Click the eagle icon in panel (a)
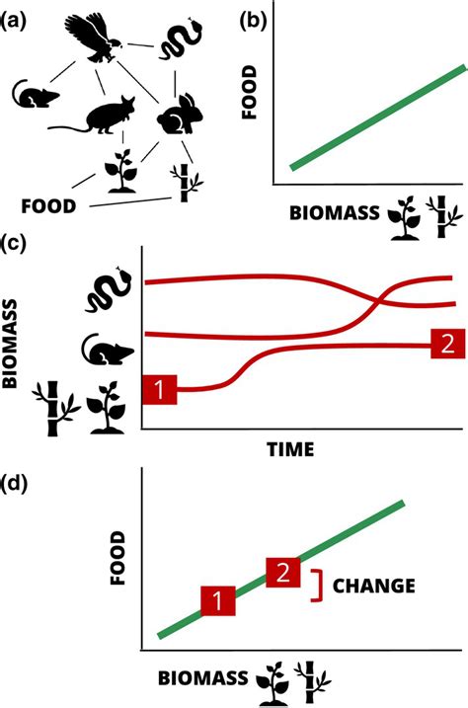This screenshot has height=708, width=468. tap(94, 38)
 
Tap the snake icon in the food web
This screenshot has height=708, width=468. tap(180, 39)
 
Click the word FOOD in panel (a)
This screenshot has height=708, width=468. tap(48, 206)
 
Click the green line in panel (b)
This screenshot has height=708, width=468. tap(378, 118)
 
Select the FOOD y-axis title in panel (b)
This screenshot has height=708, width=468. tap(249, 92)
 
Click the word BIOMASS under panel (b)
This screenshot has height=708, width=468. tap(335, 212)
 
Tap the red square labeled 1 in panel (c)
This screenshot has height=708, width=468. tap(159, 389)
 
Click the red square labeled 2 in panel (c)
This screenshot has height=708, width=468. tap(447, 344)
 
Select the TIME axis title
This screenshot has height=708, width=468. tap(290, 449)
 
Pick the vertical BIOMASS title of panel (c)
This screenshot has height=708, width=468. tap(10, 343)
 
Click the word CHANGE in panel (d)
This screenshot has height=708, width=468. tap(373, 586)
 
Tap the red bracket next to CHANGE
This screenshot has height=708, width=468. tap(321, 586)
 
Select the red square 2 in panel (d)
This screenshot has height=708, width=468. tap(283, 573)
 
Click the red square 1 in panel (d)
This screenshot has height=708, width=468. tap(218, 600)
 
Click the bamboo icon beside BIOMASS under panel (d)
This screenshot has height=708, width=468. tap(311, 680)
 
